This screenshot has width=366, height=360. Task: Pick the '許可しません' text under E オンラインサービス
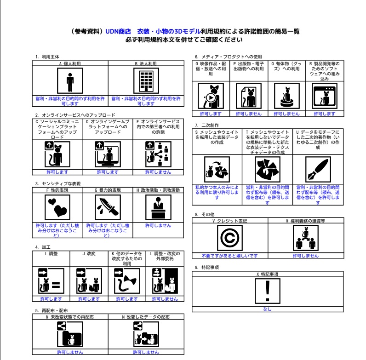click(x=158, y=172)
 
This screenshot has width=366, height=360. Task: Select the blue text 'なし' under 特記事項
click(x=267, y=309)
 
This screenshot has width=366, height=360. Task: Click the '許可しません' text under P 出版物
click(x=249, y=113)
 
